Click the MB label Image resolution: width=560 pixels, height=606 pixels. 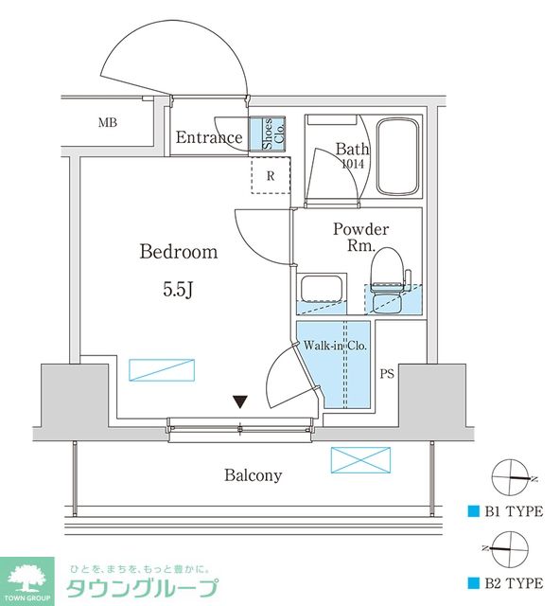tap(108, 123)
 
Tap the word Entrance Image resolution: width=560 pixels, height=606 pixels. tap(209, 137)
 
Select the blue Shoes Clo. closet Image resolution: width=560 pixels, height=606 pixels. tap(268, 134)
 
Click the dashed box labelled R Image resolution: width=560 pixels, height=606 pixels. tap(271, 176)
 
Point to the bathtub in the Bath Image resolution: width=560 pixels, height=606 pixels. tap(398, 157)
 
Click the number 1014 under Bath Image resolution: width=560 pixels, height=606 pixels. tap(353, 164)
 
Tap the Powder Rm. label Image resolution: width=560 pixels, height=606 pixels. tap(360, 237)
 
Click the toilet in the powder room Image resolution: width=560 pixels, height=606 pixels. tap(390, 280)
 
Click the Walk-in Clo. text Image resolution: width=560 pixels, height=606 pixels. tap(335, 345)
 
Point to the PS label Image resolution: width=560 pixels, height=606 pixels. tap(387, 374)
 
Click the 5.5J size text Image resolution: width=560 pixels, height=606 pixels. tap(178, 289)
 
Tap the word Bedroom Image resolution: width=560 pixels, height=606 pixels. tap(179, 252)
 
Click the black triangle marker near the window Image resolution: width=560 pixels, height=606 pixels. tap(240, 401)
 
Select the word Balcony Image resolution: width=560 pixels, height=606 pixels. tap(253, 475)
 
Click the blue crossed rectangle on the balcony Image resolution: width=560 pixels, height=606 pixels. tap(360, 460)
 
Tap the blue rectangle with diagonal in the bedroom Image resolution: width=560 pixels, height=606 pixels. tap(162, 370)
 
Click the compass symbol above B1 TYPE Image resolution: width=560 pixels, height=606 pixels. tap(511, 478)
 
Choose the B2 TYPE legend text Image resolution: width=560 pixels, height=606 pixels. tap(514, 583)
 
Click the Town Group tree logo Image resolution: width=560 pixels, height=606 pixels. tap(27, 580)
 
